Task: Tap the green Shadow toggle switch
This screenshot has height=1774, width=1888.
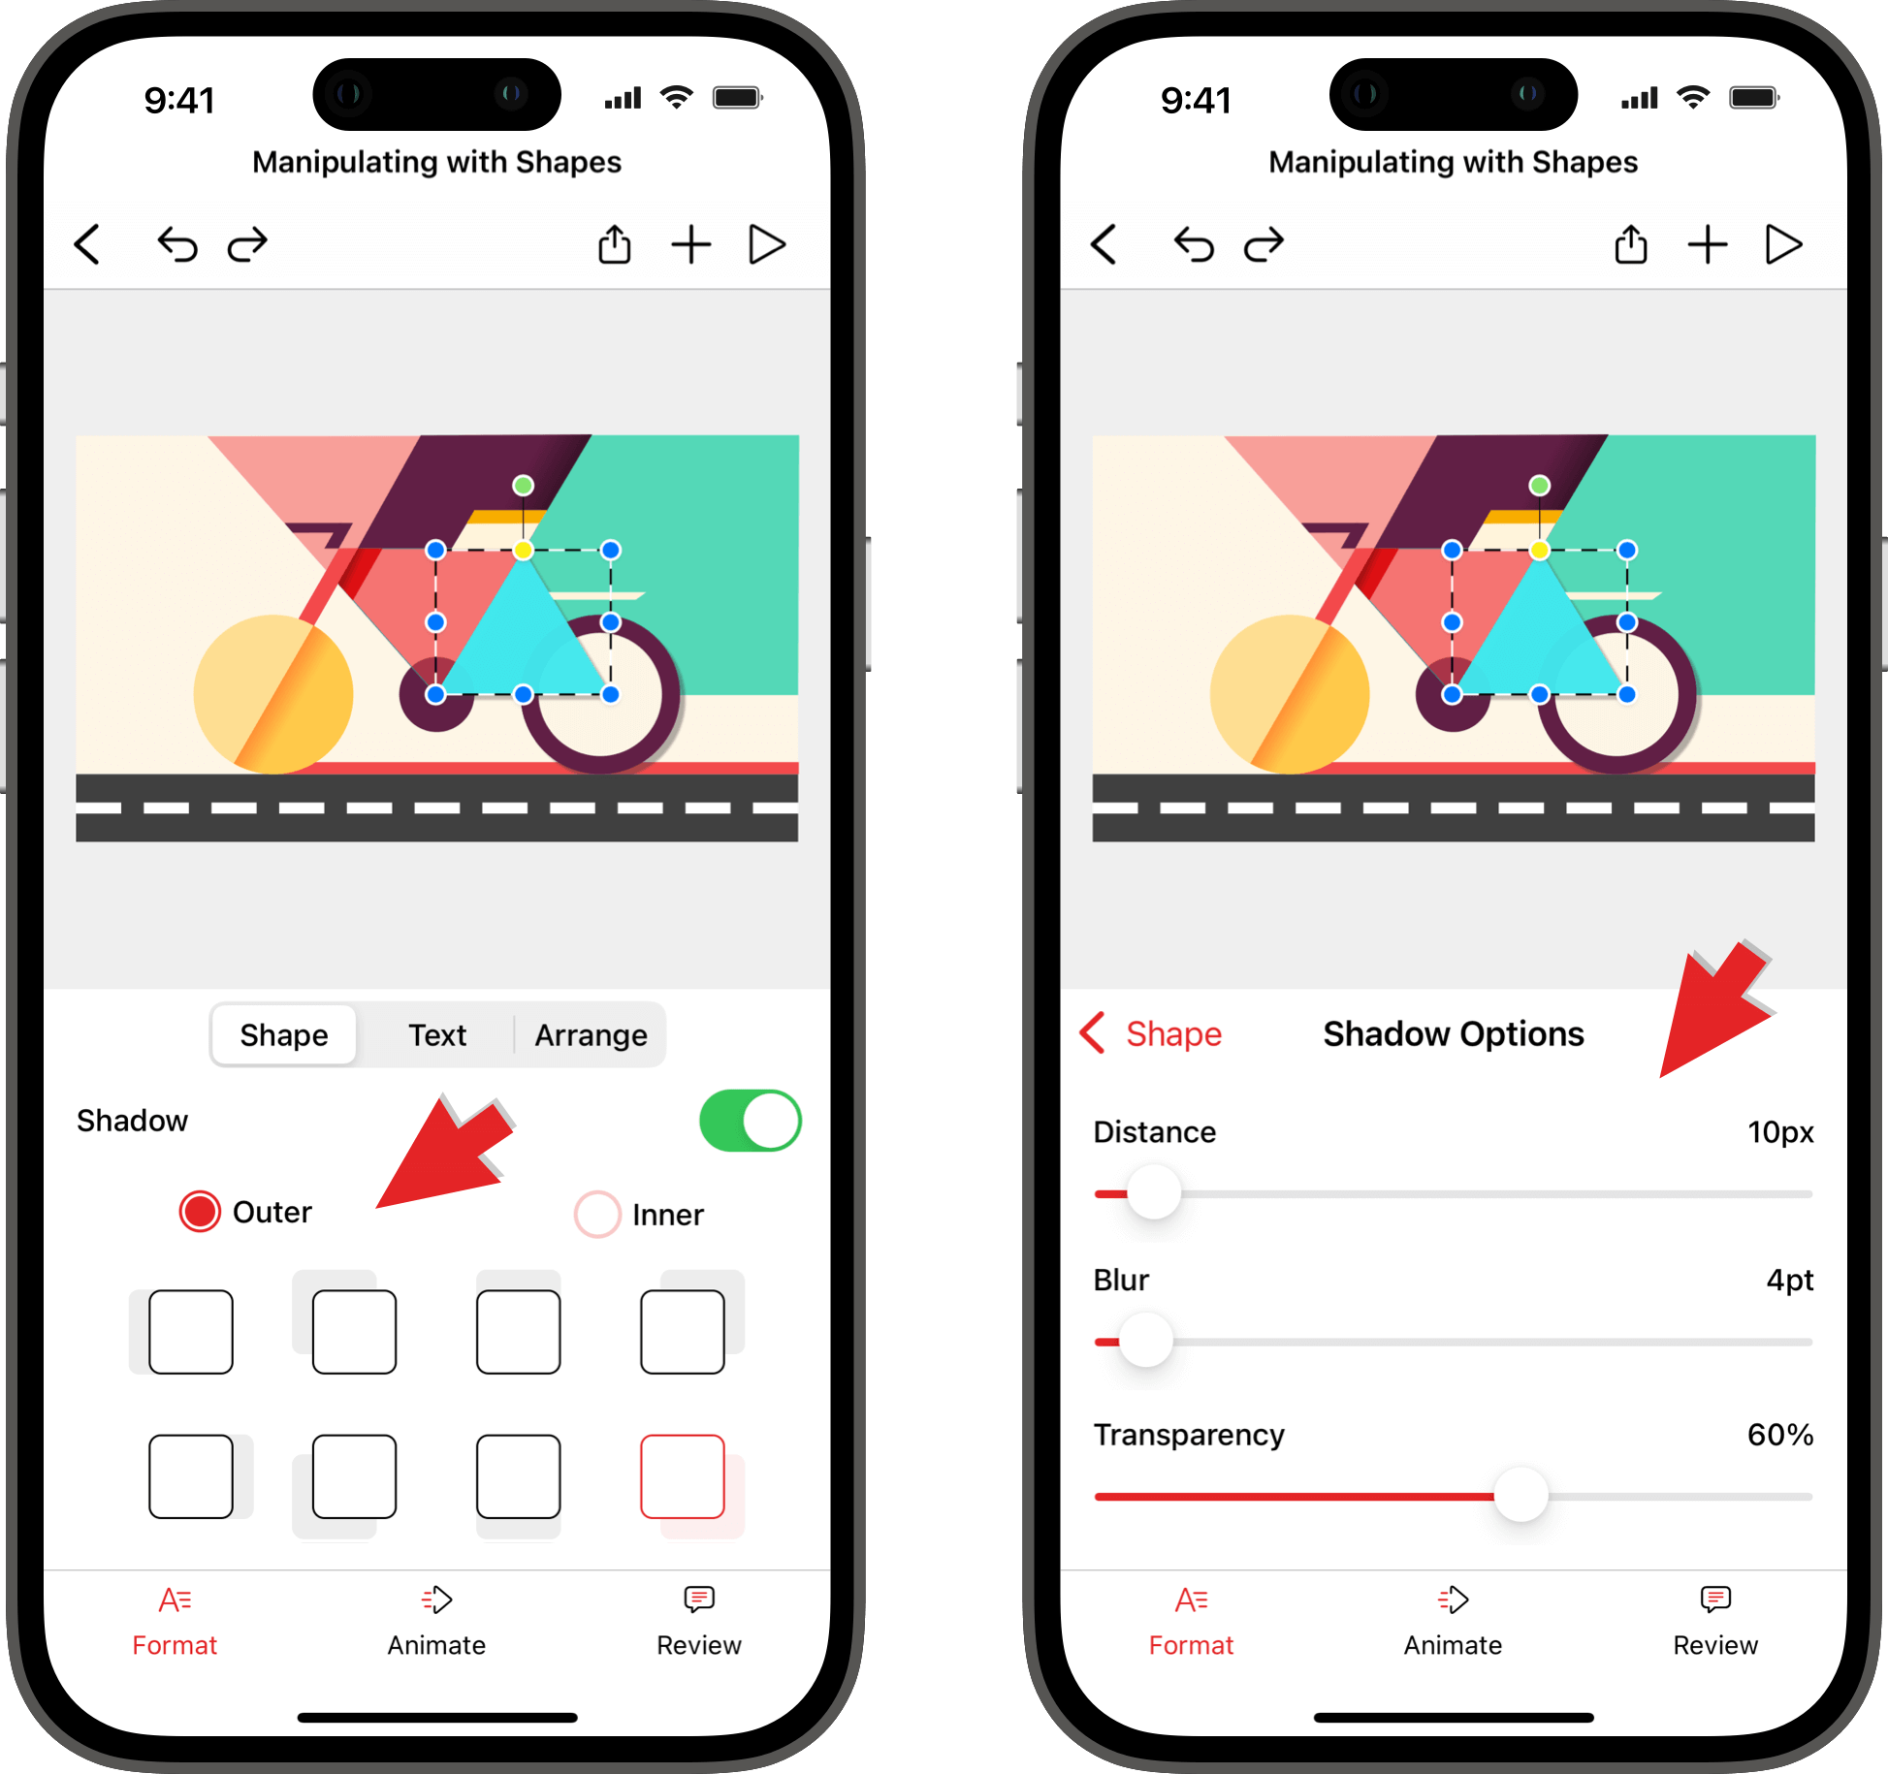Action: point(750,1121)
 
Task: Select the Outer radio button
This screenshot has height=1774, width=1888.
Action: point(200,1212)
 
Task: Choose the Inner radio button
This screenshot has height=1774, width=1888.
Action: point(597,1214)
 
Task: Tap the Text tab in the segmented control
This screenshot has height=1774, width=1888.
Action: point(437,1035)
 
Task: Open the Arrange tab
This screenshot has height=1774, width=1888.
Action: point(591,1035)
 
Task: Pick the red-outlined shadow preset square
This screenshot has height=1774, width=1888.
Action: point(683,1476)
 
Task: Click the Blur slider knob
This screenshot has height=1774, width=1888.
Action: point(1146,1341)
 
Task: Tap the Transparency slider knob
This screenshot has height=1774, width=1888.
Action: point(1520,1496)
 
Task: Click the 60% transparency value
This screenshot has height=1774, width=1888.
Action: point(1779,1435)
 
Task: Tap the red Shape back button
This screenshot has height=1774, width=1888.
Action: point(1151,1033)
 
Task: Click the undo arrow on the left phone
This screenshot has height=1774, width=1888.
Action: point(177,244)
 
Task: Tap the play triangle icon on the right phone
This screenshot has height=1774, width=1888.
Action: point(1782,244)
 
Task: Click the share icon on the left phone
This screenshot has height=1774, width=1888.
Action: point(614,243)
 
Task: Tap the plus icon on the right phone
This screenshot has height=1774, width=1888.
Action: point(1708,244)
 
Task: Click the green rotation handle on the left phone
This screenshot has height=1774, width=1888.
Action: point(523,485)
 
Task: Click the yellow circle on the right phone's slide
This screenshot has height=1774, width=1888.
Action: point(1290,694)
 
